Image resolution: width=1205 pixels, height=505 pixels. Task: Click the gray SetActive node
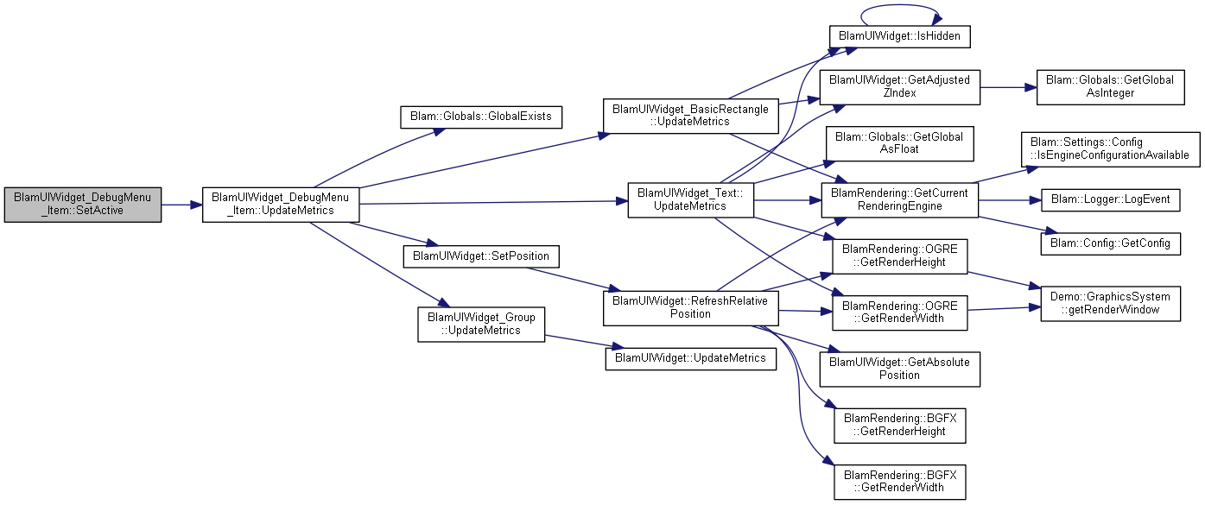83,205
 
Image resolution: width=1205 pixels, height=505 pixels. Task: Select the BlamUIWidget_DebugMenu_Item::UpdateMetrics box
280,205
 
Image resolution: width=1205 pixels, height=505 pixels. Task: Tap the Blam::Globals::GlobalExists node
481,117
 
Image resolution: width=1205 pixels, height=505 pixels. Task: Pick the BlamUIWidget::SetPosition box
481,256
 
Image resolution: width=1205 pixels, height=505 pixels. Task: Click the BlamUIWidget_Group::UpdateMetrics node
481,325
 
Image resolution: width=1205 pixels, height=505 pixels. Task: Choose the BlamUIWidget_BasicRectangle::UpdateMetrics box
691,116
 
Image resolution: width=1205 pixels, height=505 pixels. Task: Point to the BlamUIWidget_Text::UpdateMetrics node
691,200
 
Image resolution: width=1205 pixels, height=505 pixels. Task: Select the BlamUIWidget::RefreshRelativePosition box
691,307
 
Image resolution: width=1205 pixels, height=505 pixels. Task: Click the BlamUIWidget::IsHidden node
900,36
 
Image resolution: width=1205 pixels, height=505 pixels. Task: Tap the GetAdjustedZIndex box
900,87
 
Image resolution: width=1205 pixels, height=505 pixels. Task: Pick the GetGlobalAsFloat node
900,143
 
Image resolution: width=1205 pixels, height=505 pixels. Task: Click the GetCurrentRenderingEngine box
900,200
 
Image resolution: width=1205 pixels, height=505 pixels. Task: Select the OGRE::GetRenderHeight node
900,256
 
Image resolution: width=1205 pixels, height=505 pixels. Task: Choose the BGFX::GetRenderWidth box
900,482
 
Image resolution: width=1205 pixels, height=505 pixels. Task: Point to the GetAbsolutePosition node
900,369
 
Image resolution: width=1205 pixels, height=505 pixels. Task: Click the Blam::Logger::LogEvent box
1110,200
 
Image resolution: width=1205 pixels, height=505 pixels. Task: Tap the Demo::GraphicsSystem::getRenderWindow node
1110,304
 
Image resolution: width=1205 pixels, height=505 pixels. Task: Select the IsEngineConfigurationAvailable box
1110,149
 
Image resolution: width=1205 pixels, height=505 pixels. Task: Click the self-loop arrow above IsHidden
900,5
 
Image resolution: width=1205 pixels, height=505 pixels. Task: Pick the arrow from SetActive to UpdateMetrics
181,205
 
